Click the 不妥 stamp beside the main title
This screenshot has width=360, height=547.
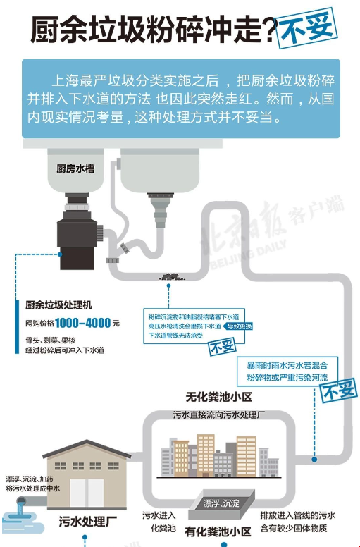(x=306, y=27)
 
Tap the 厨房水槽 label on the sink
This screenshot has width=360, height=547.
(x=75, y=169)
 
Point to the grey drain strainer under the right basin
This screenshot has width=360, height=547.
(x=160, y=210)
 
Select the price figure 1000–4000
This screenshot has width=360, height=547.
(x=82, y=323)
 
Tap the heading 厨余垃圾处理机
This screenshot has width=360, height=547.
(x=58, y=305)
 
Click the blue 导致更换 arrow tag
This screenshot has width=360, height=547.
(x=237, y=326)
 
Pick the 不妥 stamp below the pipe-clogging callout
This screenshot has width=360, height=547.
(x=223, y=346)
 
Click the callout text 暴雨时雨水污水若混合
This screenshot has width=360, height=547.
(x=287, y=366)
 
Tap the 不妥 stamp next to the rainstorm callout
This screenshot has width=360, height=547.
(x=338, y=390)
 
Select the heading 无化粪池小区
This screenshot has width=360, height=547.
(x=218, y=397)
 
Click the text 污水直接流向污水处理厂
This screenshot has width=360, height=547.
(x=219, y=414)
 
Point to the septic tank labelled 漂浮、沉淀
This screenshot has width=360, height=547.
(x=222, y=504)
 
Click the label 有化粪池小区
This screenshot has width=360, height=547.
(x=218, y=531)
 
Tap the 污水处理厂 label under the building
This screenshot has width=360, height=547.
(x=87, y=522)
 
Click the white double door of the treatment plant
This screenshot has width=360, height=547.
(x=87, y=493)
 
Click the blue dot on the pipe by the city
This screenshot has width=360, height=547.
(x=314, y=459)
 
